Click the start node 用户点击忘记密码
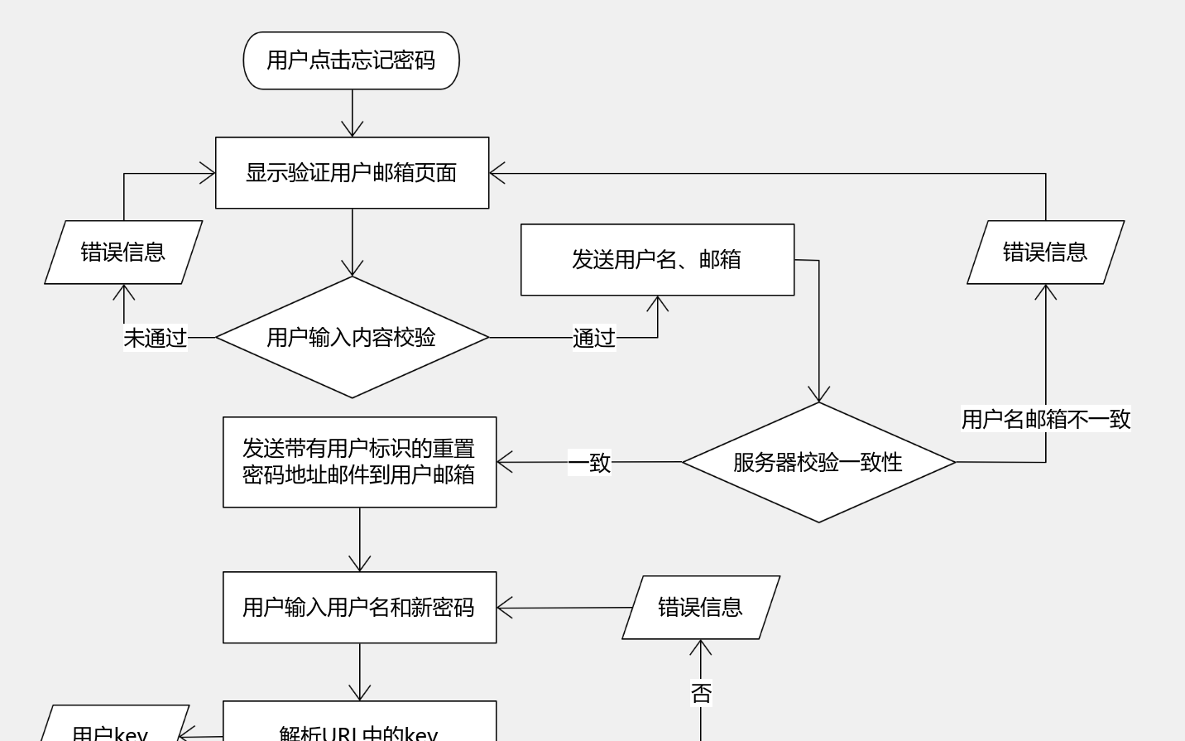click(351, 60)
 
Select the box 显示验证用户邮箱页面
click(352, 173)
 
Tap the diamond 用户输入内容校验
click(352, 337)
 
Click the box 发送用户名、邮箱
click(657, 260)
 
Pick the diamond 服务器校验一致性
click(818, 462)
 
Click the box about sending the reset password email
click(359, 462)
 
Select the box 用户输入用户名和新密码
click(359, 608)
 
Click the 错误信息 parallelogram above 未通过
click(123, 253)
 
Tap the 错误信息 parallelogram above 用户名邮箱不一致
click(1045, 253)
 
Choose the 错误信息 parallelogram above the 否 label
click(701, 608)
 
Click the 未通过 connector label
click(156, 338)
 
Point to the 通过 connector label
click(594, 338)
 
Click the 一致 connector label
click(589, 462)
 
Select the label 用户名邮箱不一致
click(1045, 419)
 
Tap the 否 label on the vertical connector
click(701, 693)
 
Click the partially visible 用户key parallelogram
click(112, 726)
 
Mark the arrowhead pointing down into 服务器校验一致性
click(819, 395)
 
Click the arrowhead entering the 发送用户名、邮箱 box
click(658, 303)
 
